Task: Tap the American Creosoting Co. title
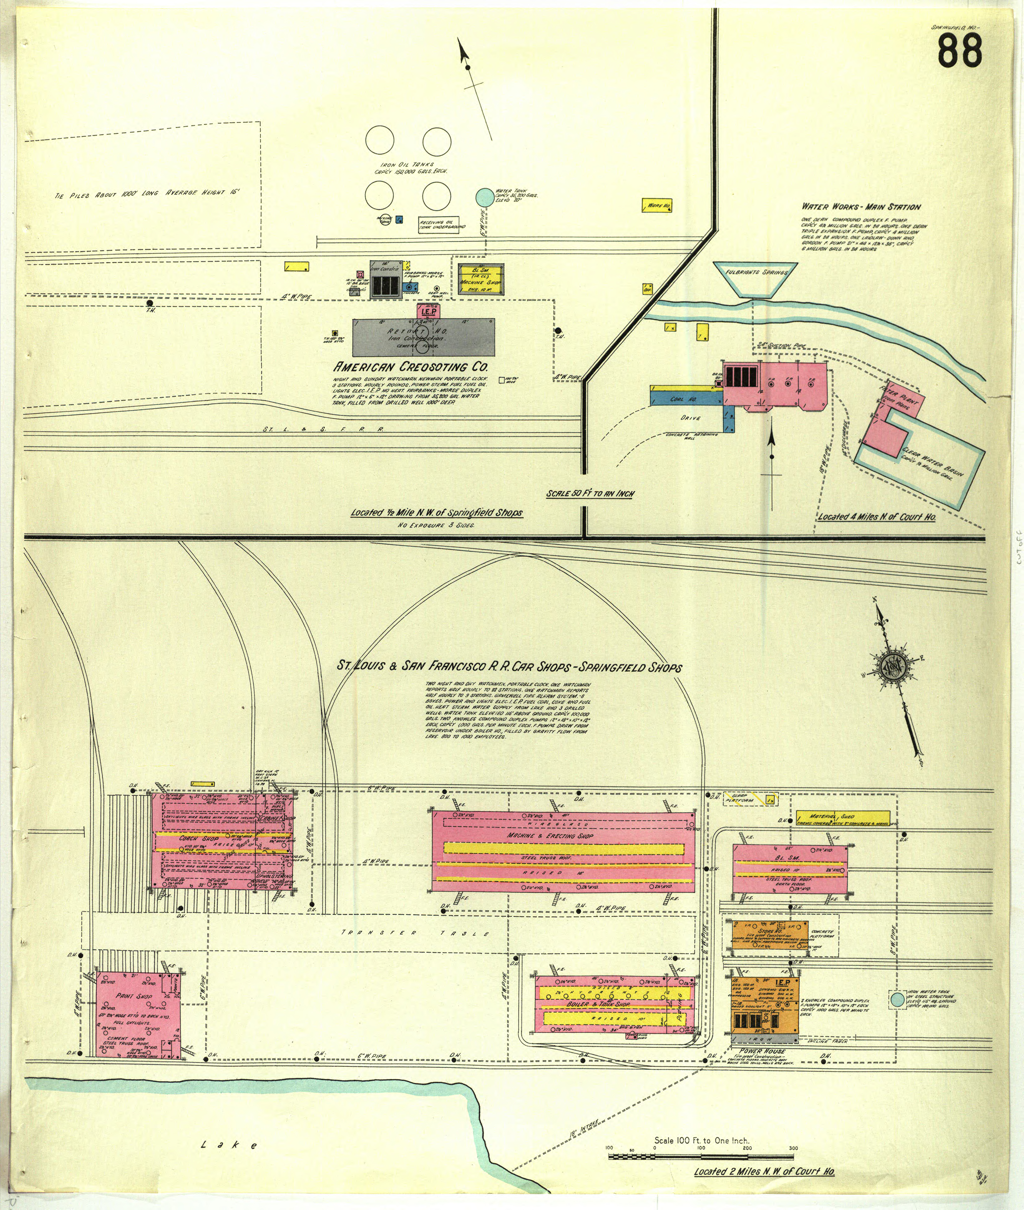(410, 367)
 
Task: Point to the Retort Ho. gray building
(424, 337)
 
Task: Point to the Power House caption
(762, 1051)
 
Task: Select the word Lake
(229, 1145)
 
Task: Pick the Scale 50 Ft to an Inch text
(590, 494)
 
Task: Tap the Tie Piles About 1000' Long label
(147, 193)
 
